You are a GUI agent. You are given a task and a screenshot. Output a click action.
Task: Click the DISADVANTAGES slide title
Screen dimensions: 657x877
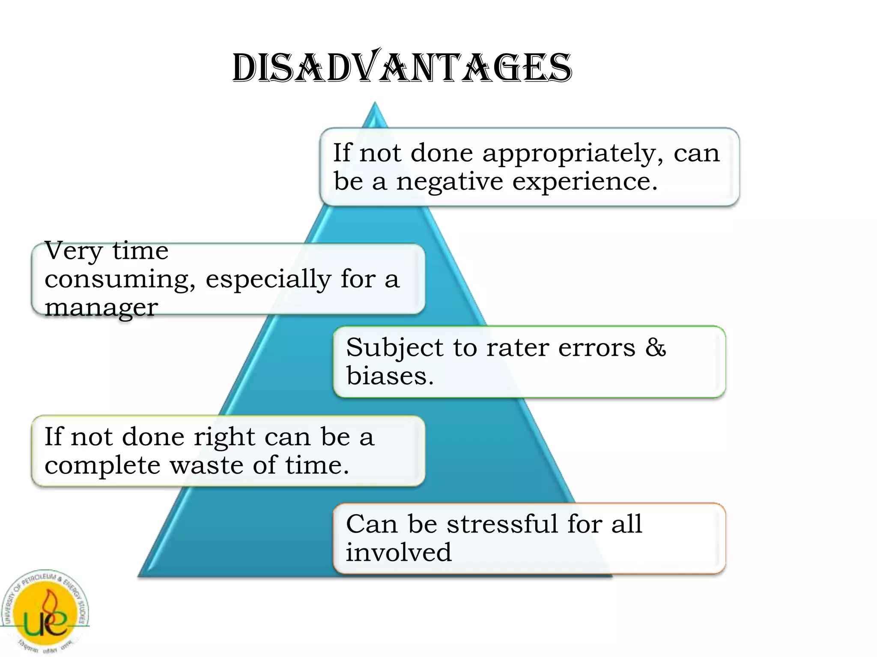pos(402,68)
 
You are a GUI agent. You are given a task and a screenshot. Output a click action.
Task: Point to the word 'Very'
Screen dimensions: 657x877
pos(73,252)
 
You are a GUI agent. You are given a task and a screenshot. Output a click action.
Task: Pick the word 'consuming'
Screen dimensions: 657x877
pos(120,280)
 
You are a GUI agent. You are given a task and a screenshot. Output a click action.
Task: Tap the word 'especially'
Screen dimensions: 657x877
pos(268,280)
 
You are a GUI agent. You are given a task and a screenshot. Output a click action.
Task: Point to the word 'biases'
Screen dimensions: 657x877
pos(390,376)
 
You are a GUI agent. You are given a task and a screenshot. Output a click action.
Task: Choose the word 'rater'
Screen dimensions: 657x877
pos(518,347)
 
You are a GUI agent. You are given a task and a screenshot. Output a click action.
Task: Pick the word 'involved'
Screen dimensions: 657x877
pos(399,552)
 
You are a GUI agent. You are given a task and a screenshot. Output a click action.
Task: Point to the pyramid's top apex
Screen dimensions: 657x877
pos(375,104)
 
